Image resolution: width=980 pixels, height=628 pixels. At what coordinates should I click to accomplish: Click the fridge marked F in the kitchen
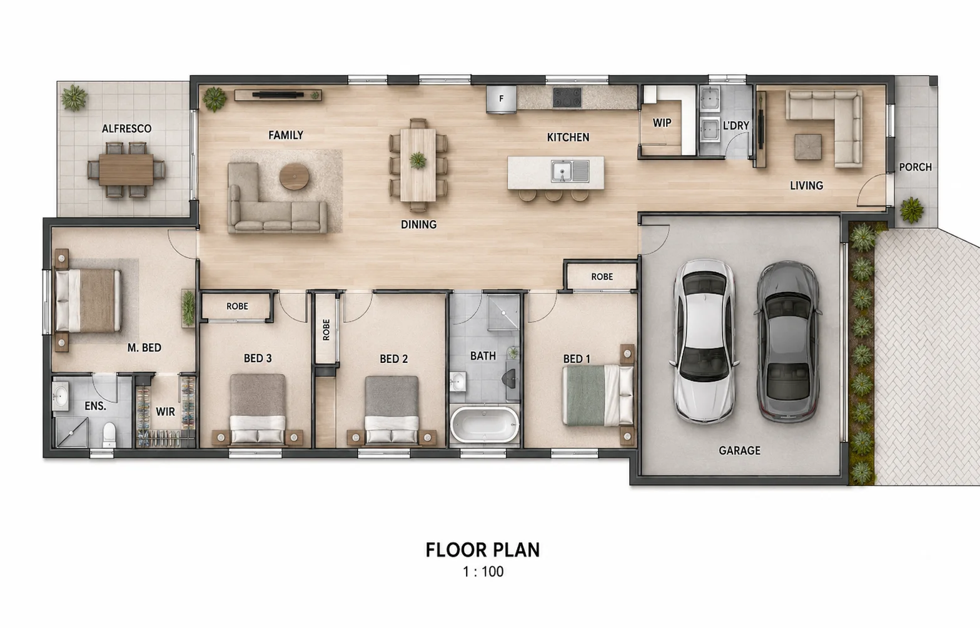coord(502,99)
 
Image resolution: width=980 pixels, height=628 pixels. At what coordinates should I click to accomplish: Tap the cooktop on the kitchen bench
coord(567,97)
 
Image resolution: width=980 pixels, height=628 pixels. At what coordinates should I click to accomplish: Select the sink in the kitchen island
coord(570,171)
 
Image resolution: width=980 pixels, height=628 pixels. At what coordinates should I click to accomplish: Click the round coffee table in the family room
coord(295,176)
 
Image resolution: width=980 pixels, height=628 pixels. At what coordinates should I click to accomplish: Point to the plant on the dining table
coord(418,161)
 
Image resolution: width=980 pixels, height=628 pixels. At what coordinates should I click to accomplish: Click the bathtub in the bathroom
coord(484,425)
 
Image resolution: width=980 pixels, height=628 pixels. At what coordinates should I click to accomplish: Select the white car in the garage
coord(704,341)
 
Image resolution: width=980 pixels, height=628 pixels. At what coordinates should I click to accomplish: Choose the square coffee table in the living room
coord(808,147)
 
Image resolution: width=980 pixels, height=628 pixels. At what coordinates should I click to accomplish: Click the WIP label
coord(662,123)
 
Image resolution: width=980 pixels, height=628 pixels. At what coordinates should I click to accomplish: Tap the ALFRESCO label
coord(126,129)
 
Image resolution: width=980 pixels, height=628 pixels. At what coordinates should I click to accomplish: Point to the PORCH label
coord(915,167)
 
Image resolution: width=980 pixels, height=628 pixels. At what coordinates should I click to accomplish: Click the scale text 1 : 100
coord(483,572)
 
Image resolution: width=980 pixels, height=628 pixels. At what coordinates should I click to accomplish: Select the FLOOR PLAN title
coord(483,550)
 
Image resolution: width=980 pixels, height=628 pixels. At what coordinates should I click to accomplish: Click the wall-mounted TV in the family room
coord(278,94)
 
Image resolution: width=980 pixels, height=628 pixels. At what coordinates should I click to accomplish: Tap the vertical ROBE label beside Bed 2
coord(326,330)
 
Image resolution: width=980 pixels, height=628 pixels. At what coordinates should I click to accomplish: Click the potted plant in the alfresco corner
coord(74,98)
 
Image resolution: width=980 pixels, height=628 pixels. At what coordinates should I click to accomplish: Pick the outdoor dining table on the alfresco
coord(126,170)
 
